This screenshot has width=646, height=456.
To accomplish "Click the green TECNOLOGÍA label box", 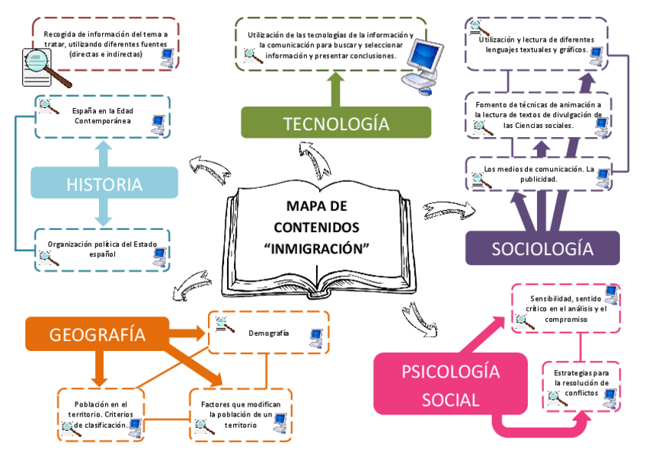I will pos(335,123).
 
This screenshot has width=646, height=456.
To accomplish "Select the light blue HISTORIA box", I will pos(104,183).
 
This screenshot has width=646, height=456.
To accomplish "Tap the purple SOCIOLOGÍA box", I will pos(542,248).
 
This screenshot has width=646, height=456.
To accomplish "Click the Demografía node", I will pos(268,333).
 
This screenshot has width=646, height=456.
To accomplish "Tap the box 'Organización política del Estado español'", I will pos(102,250).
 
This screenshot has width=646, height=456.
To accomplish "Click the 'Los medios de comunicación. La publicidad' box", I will pos(538,174).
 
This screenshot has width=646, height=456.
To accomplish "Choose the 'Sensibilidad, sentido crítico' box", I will pos(566,308).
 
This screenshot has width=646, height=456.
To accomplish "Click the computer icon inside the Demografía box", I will pos(315,337).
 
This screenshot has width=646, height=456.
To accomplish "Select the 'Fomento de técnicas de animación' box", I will pos(538,115).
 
